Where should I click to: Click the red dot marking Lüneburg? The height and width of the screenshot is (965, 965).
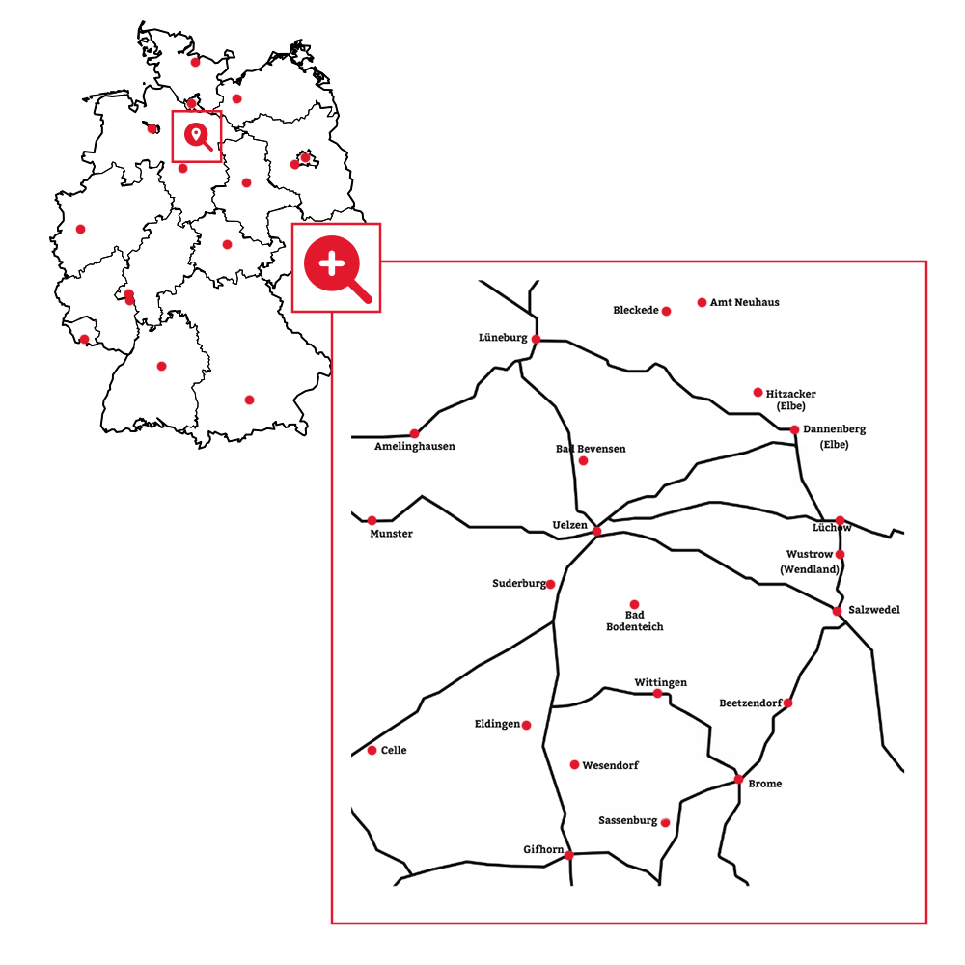[x=536, y=339]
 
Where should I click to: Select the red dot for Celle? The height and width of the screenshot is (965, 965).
[x=372, y=750]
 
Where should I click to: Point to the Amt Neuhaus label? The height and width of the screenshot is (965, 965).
[x=744, y=302]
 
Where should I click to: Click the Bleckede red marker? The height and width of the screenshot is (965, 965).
[x=666, y=311]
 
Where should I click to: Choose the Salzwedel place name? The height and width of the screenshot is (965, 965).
[x=874, y=610]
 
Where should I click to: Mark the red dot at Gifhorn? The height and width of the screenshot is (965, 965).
[x=569, y=855]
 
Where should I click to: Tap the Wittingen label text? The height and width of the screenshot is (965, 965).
[x=660, y=682]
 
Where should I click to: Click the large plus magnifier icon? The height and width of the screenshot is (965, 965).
[x=337, y=267]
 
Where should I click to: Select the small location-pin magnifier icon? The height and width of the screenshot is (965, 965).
[x=197, y=136]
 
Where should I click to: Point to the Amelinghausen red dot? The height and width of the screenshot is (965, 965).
[x=415, y=433]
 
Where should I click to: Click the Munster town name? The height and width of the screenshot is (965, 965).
[x=391, y=534]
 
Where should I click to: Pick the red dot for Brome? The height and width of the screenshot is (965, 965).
[x=738, y=779]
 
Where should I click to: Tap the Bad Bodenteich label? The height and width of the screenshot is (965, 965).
[x=634, y=620]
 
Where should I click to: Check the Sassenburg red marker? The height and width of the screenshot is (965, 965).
[x=666, y=822]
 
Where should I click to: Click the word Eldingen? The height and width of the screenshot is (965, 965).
[x=497, y=724]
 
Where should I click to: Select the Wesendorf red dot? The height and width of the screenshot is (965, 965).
[x=574, y=765]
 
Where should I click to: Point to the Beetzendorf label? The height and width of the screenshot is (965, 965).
[x=751, y=703]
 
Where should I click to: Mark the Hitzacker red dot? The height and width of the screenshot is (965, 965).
[x=758, y=392]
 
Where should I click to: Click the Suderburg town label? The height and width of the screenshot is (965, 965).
[x=519, y=583]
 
